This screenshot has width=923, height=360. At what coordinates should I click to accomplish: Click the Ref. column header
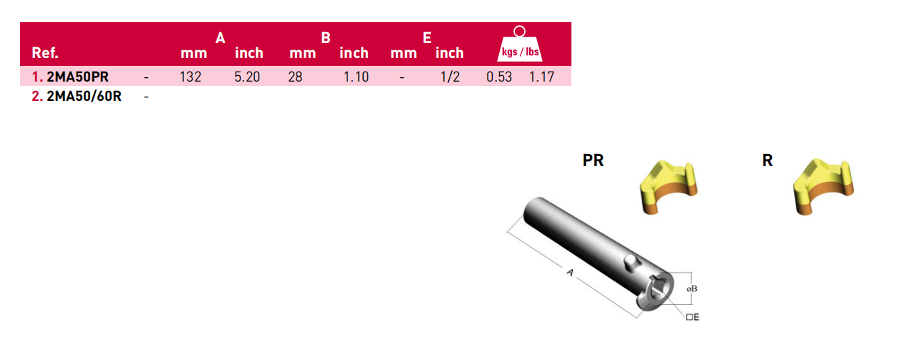[45, 53]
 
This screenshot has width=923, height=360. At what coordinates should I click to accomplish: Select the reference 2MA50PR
[77, 77]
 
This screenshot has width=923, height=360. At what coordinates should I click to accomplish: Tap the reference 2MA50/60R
[84, 97]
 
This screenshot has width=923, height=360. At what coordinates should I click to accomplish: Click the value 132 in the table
[190, 77]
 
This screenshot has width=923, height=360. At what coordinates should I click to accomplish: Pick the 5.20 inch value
[247, 77]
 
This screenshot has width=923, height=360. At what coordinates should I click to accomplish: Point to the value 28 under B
[295, 77]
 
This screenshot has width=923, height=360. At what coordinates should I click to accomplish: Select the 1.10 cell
[357, 77]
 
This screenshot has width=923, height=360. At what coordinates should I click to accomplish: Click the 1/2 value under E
[450, 77]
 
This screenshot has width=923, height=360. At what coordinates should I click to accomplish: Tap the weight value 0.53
[499, 77]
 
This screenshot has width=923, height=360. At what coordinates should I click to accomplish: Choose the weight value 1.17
[542, 77]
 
